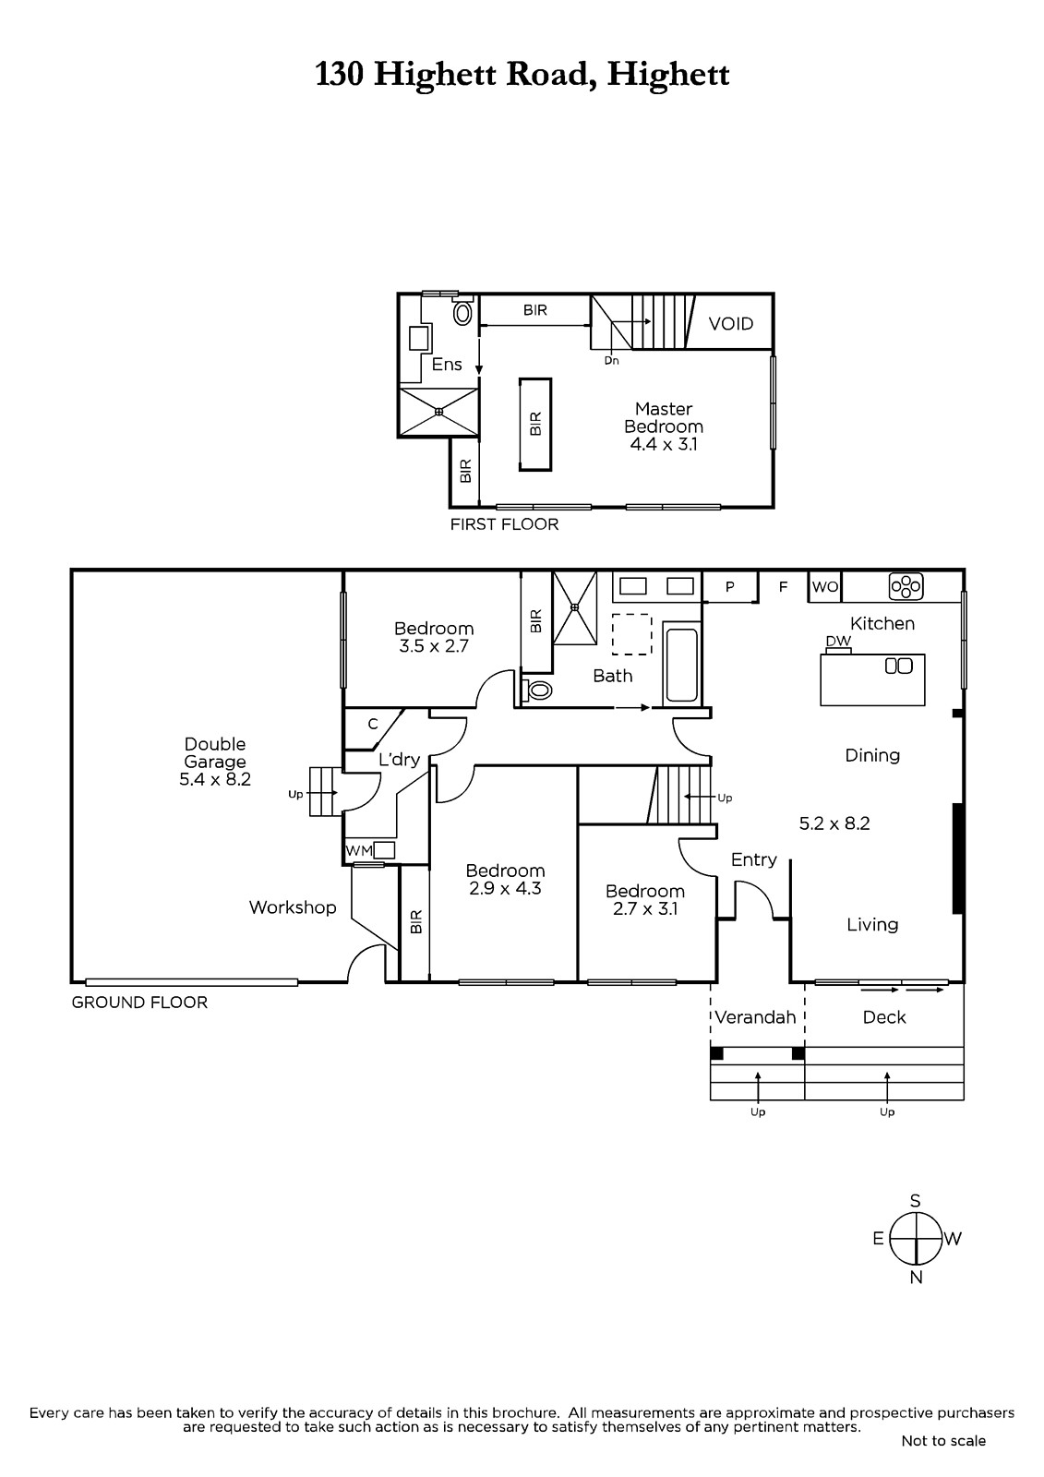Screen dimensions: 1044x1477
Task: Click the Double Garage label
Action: [x=215, y=762]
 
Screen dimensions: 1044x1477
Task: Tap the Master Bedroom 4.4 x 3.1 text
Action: [x=664, y=426]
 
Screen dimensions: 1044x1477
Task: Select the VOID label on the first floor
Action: [x=731, y=324]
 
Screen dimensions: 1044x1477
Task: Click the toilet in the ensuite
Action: [x=463, y=313]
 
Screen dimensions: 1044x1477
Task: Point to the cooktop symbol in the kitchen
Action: [x=906, y=586]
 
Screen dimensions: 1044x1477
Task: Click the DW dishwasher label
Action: [x=838, y=641]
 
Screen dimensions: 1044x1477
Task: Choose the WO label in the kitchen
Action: [x=825, y=587]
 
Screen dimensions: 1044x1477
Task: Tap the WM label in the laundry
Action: [x=359, y=850]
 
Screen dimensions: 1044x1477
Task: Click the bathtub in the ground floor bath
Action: [x=681, y=665]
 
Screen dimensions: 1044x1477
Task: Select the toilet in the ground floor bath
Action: [x=537, y=690]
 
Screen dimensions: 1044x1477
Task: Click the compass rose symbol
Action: [x=916, y=1238]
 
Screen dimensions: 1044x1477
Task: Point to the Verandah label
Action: [x=755, y=1017]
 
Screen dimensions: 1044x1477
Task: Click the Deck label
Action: [x=883, y=1017]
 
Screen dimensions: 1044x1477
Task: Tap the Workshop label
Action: [x=293, y=907]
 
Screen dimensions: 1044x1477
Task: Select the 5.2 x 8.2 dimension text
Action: [x=834, y=823]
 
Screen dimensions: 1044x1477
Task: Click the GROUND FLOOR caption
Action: [x=139, y=1003]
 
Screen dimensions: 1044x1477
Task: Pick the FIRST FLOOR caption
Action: [x=504, y=524]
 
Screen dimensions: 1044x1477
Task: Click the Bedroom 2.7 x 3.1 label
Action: [x=645, y=899]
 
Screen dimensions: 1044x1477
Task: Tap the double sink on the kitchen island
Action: [x=898, y=666]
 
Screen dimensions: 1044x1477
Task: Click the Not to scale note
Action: [x=943, y=1441]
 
